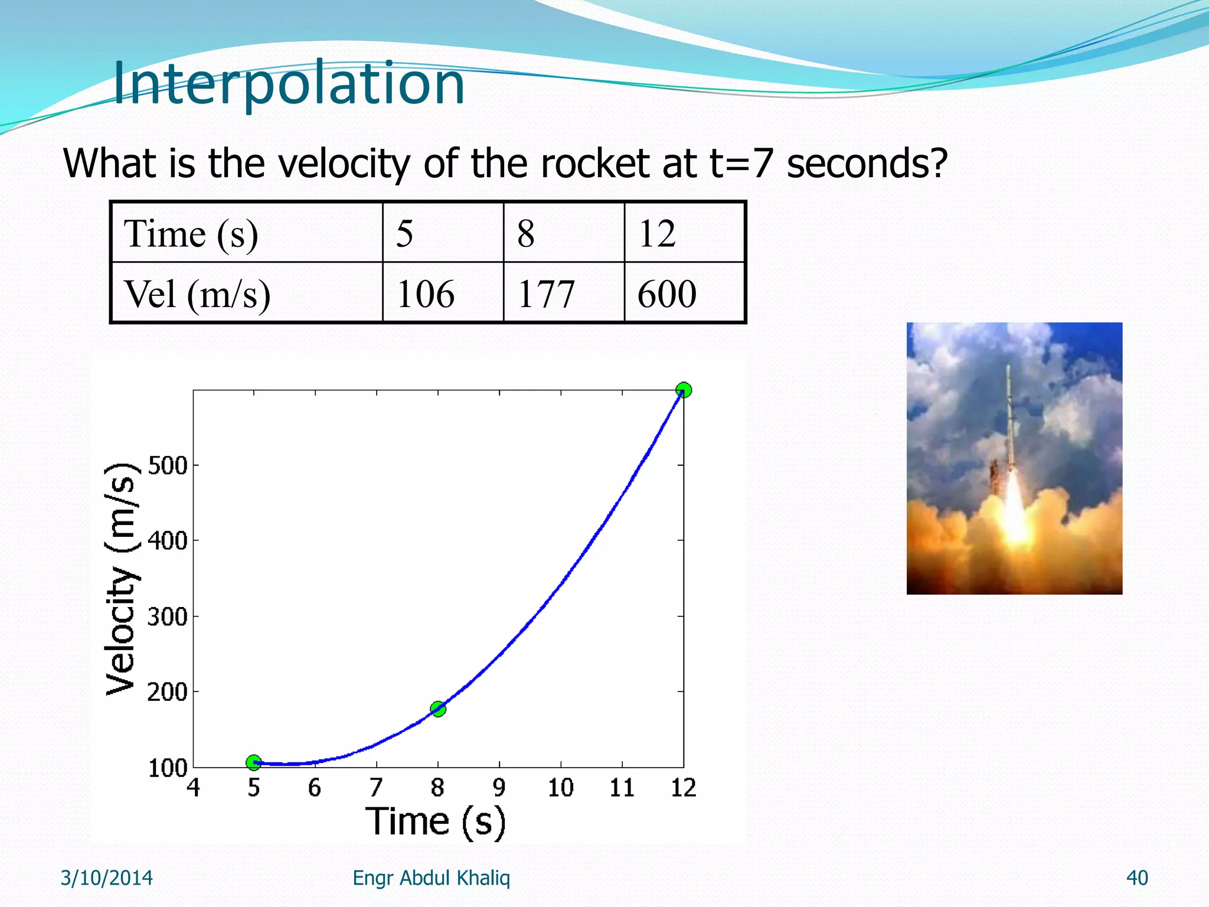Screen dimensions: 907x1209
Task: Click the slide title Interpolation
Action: point(289,84)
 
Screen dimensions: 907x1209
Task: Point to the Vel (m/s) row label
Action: point(198,294)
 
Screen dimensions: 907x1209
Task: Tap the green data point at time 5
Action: point(254,762)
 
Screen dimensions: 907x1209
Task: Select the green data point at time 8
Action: point(438,709)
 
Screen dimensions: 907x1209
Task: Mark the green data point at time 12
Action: point(684,390)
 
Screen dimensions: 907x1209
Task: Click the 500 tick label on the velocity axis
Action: point(167,466)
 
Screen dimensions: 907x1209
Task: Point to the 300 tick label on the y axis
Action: point(167,617)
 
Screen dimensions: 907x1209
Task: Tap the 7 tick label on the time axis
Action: point(376,788)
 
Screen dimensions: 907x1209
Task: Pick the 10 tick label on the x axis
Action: point(560,788)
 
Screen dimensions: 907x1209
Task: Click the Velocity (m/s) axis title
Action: point(121,579)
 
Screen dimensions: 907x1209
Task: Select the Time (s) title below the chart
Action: point(436,821)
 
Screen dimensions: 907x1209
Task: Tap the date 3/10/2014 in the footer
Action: point(107,878)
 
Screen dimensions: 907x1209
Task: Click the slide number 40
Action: point(1137,878)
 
